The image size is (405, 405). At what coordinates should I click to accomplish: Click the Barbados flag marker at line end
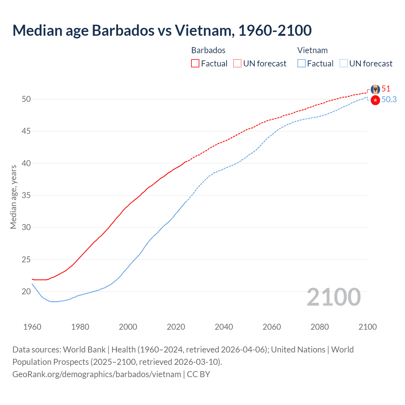(375, 89)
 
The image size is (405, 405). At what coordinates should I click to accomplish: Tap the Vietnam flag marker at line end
(375, 100)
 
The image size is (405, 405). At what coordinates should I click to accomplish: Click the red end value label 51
(386, 89)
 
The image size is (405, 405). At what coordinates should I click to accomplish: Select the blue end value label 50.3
(389, 100)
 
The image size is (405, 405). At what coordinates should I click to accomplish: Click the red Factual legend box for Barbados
(195, 64)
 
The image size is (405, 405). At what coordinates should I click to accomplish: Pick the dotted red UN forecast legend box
(237, 64)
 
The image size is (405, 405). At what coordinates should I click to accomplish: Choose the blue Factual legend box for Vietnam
(302, 64)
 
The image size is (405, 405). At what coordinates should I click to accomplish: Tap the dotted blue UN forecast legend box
(344, 64)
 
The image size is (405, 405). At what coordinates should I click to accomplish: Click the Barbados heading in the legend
(208, 50)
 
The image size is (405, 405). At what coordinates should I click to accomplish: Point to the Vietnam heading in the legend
(312, 50)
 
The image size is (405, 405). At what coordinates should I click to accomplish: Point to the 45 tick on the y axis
(26, 131)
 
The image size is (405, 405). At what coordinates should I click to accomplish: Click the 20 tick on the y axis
(26, 291)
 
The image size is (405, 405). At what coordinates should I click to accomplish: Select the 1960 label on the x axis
(32, 327)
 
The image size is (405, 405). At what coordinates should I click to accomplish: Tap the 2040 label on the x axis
(224, 327)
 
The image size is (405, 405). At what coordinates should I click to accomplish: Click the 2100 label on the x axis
(367, 327)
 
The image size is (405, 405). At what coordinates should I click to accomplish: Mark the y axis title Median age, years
(13, 197)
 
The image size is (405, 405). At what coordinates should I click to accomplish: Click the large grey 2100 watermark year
(333, 297)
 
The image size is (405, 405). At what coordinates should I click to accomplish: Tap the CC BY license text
(198, 374)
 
